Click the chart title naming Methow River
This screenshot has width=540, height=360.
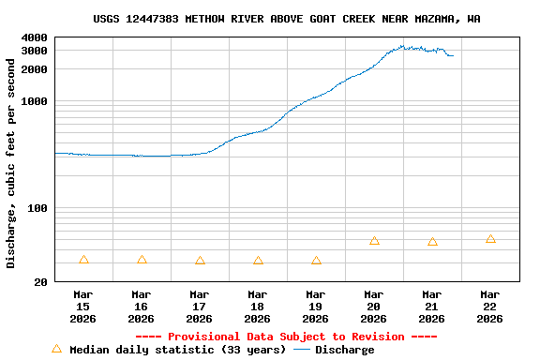pyautogui.click(x=287, y=19)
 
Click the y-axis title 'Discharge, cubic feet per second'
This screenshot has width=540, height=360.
pyautogui.click(x=11, y=163)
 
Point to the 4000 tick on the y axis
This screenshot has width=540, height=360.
pyautogui.click(x=34, y=37)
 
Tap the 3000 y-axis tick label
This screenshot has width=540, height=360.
pyautogui.click(x=34, y=51)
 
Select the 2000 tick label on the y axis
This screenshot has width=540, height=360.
pyautogui.click(x=34, y=69)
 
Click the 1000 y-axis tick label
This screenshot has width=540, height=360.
pyautogui.click(x=34, y=101)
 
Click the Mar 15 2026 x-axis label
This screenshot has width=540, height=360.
pyautogui.click(x=82, y=307)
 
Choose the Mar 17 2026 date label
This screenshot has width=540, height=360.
pyautogui.click(x=199, y=307)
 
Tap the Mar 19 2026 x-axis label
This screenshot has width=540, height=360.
pyautogui.click(x=315, y=307)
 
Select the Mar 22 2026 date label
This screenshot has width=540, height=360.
pyautogui.click(x=489, y=307)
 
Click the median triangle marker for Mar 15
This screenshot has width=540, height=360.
pyautogui.click(x=83, y=260)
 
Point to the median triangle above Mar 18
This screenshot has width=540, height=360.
pyautogui.click(x=258, y=260)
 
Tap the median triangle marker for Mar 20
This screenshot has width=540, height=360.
pyautogui.click(x=374, y=241)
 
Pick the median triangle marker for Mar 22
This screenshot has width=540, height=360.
pyautogui.click(x=490, y=239)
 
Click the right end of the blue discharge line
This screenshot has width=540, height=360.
pyautogui.click(x=453, y=56)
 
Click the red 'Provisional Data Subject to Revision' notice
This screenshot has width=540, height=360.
pyautogui.click(x=286, y=337)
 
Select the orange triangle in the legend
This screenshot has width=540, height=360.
pyautogui.click(x=56, y=349)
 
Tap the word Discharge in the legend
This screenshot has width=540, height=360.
pyautogui.click(x=344, y=350)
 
